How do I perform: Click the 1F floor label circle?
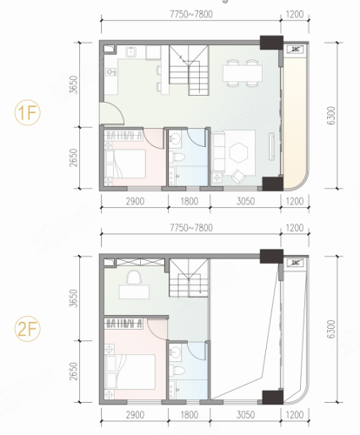point(28,112)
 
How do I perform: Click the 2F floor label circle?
point(28,329)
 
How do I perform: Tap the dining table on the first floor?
point(243,73)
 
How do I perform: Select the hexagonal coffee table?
point(238,152)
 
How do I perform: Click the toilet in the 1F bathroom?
point(177,157)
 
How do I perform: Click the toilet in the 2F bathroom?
point(177,371)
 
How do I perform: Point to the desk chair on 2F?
point(134,278)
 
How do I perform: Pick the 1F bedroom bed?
point(125,164)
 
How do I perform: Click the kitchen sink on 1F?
point(131,52)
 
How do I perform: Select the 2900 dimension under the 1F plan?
point(135,201)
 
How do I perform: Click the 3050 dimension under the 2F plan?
point(245,415)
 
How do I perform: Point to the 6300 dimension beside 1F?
point(330,116)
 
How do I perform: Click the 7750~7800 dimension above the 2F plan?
point(191,228)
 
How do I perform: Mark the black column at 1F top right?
point(271,43)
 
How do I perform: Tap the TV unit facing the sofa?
point(271,146)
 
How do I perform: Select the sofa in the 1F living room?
point(218,151)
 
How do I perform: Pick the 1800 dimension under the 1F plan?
point(190,201)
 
